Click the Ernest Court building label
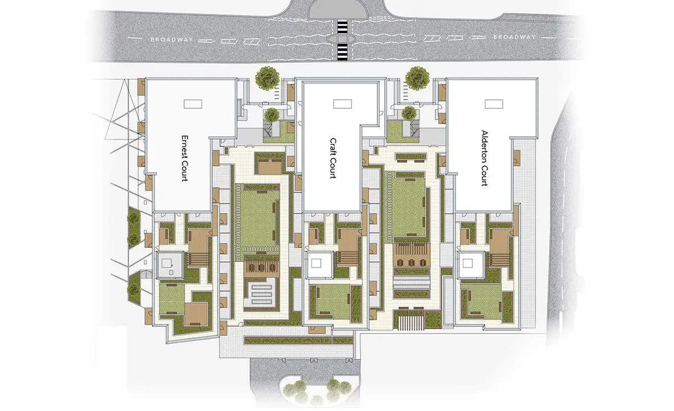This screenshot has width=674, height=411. coord(185,158)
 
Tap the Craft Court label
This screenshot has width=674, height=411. coord(333,158)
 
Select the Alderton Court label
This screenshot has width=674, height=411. coord(484,158)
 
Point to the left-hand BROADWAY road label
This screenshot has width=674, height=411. coord(171,39)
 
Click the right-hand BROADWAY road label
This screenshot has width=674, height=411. coord(514,37)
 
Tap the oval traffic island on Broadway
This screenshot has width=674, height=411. coord(342,39)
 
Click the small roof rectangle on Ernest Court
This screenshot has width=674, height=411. coord(193,104)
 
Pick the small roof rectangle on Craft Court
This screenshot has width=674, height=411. coord(343,104)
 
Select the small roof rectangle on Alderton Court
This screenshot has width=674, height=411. coord(494,104)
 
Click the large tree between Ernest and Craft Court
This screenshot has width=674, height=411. coord(267,78)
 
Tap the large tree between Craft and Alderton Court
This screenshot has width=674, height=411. coord(417,78)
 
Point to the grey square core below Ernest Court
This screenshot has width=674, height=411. coord(170,265)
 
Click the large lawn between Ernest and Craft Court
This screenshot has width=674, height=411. coord(258,219)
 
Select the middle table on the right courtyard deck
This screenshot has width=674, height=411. coord(412,262)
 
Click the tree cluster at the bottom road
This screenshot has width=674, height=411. coord(317,391)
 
